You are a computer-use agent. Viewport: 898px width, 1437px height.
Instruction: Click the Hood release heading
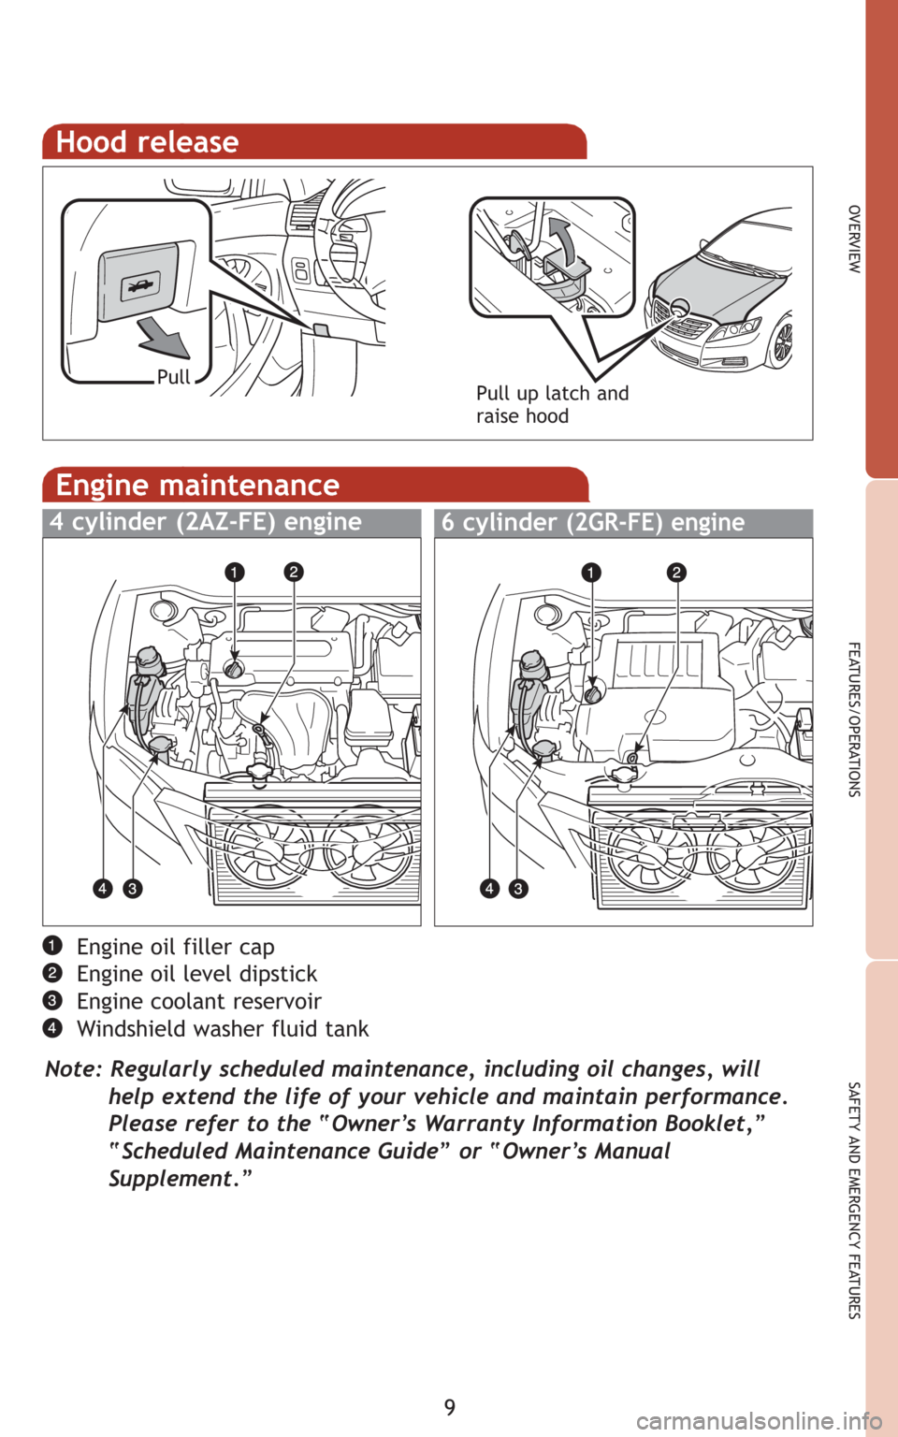148,142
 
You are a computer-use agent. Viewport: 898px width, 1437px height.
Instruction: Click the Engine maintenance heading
197,485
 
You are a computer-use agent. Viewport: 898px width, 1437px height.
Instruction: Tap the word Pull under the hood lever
173,377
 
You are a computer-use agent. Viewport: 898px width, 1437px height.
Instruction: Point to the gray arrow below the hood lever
164,338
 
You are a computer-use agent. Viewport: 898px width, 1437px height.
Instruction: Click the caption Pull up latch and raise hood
551,404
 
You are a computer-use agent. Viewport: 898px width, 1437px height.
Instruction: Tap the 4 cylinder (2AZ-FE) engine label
206,522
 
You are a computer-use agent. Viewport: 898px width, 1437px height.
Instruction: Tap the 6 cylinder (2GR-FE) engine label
593,522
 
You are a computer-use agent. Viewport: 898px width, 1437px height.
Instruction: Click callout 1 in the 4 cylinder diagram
234,572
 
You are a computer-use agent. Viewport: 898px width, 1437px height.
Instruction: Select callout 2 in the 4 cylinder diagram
294,572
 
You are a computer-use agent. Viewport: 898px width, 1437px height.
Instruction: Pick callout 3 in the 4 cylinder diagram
132,888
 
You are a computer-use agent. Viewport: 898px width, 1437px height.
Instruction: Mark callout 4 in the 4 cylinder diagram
102,888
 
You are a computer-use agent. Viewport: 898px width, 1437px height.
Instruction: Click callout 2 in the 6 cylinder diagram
676,572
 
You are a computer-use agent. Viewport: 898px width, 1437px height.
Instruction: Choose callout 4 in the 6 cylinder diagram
489,888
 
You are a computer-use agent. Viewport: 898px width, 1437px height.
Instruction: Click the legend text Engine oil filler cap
176,947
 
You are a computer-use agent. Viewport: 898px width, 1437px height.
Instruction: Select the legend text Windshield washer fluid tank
223,1029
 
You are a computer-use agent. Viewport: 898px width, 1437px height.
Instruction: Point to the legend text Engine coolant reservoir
199,1001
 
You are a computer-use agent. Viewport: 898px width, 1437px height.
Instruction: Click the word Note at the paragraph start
73,1068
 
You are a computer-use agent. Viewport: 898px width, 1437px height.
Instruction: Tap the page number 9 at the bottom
450,1407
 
